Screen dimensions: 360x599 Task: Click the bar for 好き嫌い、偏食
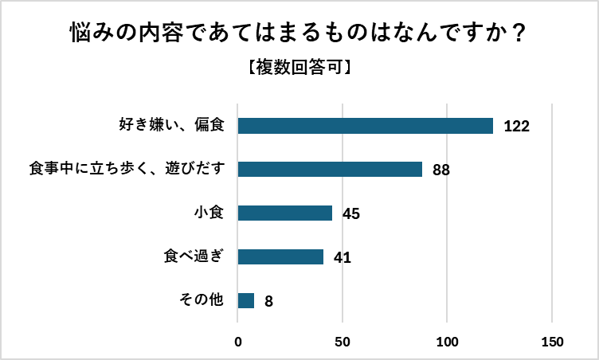(366, 126)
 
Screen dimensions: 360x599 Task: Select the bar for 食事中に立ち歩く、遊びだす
(330, 170)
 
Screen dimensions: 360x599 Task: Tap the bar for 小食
(285, 213)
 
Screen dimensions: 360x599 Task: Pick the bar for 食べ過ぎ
(281, 256)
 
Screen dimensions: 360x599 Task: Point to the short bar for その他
(246, 300)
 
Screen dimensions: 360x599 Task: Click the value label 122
(517, 127)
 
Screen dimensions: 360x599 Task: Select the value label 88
(441, 170)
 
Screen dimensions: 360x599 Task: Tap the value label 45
(351, 213)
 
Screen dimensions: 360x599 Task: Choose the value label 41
(343, 257)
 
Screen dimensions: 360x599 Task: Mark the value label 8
(268, 301)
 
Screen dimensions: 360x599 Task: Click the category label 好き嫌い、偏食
(172, 126)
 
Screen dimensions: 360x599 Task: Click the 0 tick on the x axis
(238, 342)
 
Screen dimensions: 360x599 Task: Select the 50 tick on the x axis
(343, 342)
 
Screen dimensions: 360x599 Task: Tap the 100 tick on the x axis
(448, 342)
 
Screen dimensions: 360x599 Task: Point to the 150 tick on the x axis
(552, 342)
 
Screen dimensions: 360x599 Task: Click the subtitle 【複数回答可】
(299, 68)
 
